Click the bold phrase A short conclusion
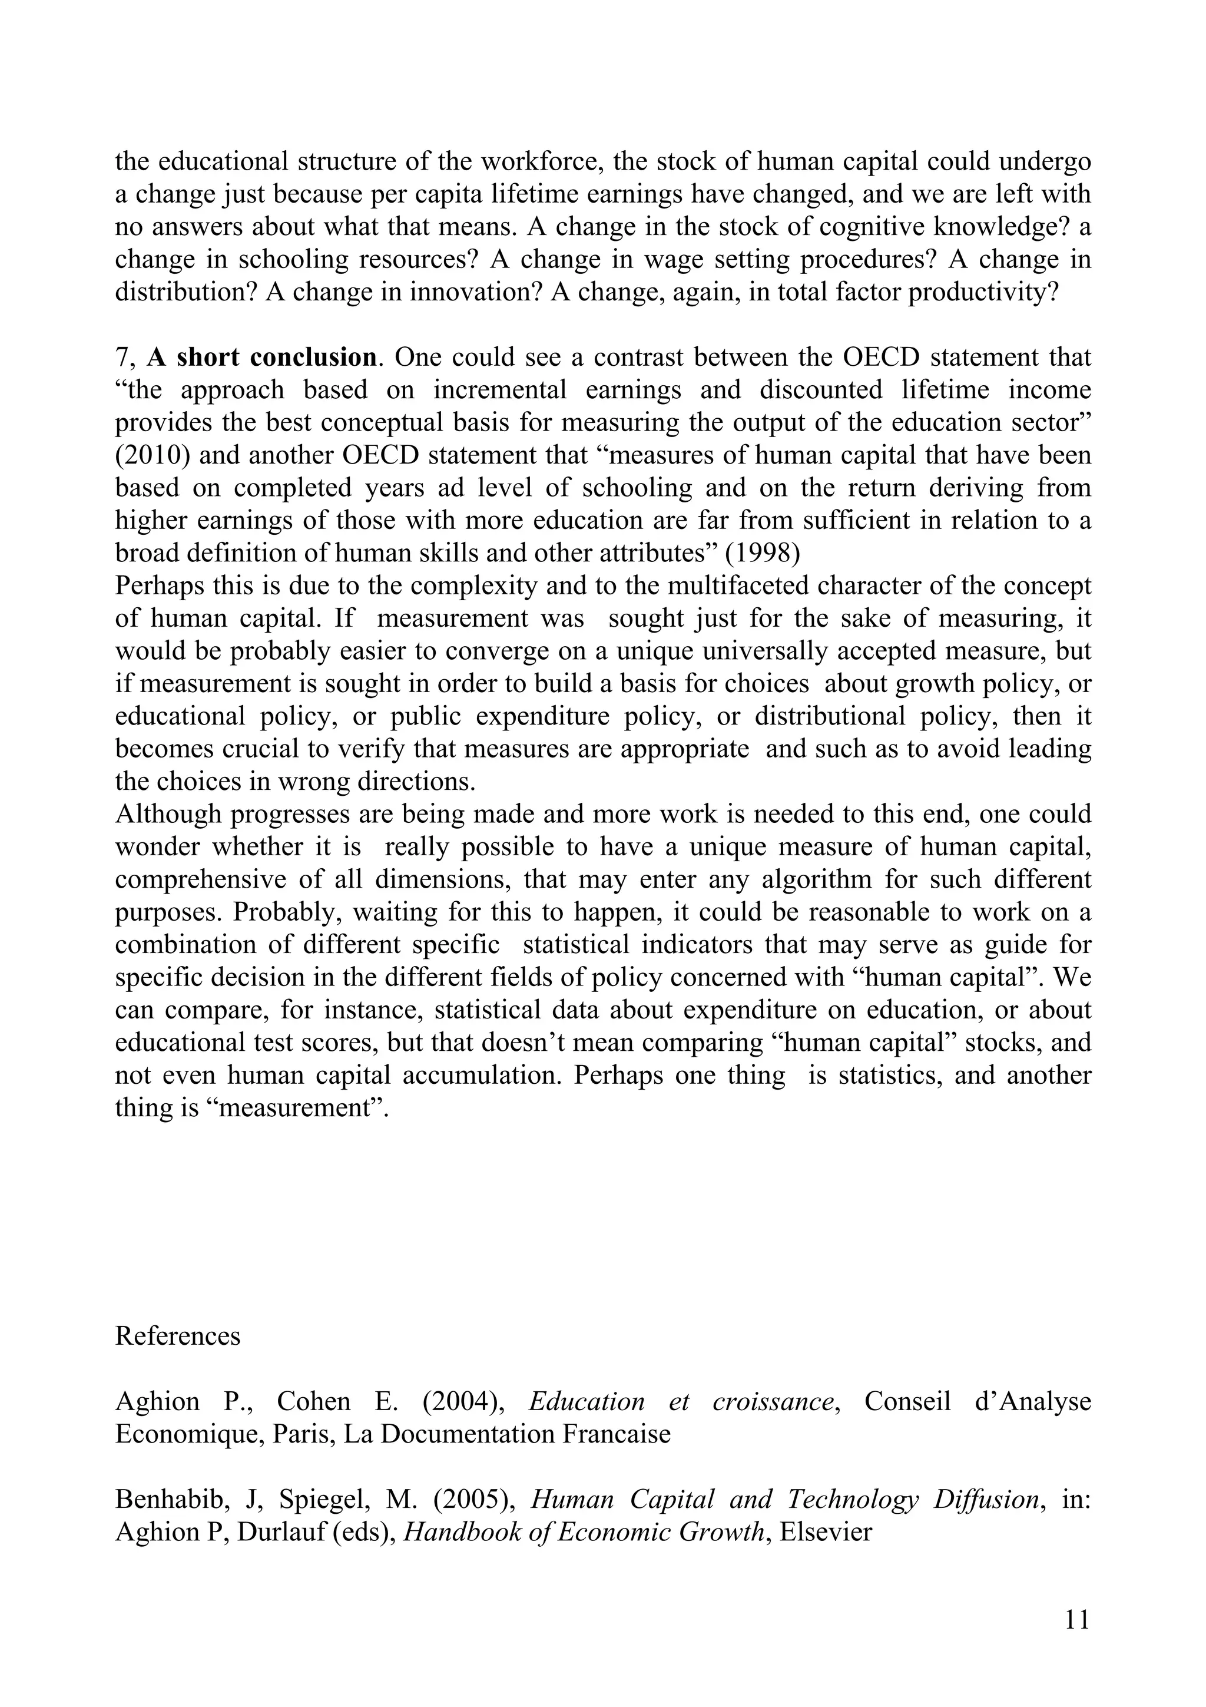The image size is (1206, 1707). [x=261, y=358]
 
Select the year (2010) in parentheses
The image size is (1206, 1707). [x=147, y=455]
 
